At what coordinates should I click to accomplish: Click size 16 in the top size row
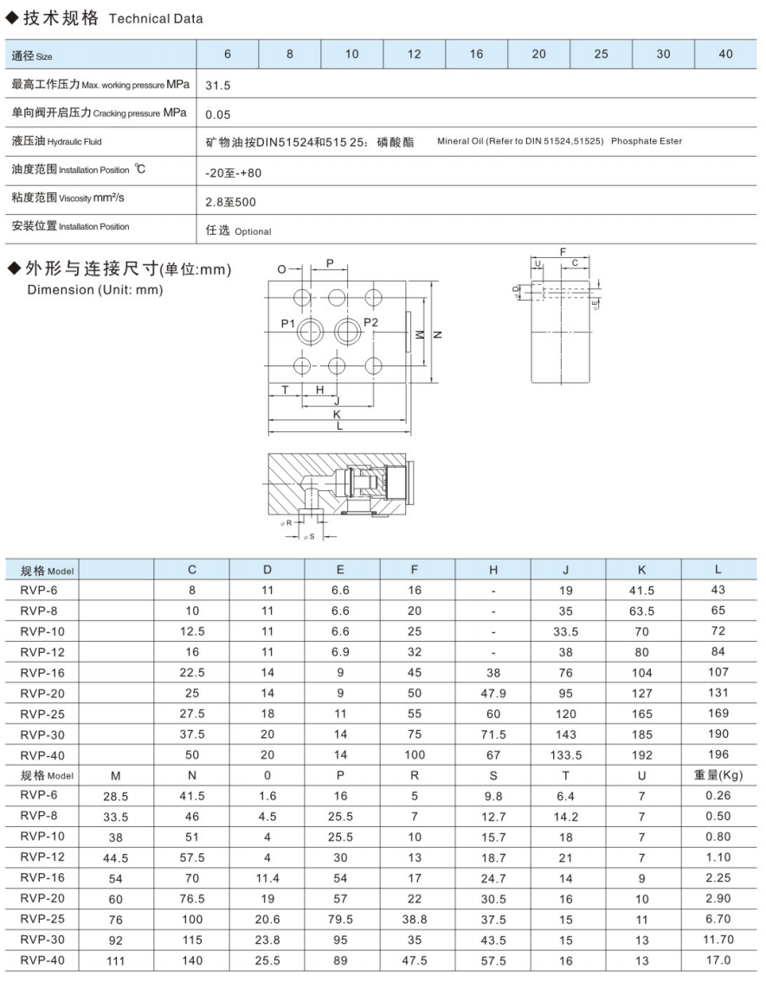pyautogui.click(x=476, y=55)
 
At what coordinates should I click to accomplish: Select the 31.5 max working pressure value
pyautogui.click(x=217, y=87)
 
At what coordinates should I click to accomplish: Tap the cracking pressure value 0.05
pyautogui.click(x=217, y=114)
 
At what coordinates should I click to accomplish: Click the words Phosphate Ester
pyautogui.click(x=647, y=141)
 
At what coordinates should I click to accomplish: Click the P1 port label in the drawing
pyautogui.click(x=288, y=324)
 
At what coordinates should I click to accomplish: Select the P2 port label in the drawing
pyautogui.click(x=370, y=323)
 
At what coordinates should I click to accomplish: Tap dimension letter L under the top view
pyautogui.click(x=338, y=426)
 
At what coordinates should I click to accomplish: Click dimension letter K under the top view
pyautogui.click(x=337, y=414)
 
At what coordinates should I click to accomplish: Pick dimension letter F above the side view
pyautogui.click(x=563, y=252)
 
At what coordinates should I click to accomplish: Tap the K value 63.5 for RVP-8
pyautogui.click(x=641, y=611)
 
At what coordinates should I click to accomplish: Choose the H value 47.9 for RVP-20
pyautogui.click(x=493, y=693)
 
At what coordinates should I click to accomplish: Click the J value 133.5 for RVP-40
pyautogui.click(x=565, y=755)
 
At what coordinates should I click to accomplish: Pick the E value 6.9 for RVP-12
pyautogui.click(x=340, y=652)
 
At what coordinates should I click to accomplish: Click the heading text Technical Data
pyautogui.click(x=156, y=19)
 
